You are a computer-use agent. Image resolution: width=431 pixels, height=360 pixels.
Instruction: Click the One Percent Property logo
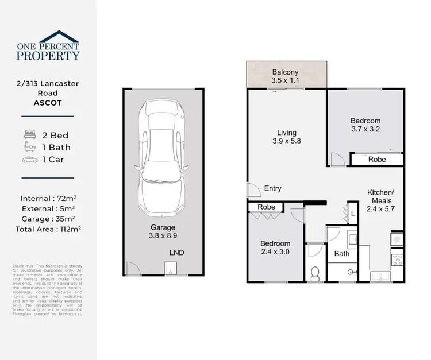coord(48,47)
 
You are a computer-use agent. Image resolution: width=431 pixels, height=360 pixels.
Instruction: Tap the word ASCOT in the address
coord(48,104)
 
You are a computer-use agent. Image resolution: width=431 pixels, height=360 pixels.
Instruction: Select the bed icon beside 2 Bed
coord(29,136)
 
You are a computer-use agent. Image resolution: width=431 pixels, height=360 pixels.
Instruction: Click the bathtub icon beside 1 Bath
coord(29,148)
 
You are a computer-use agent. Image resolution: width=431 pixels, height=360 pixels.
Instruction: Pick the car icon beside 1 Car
coord(29,160)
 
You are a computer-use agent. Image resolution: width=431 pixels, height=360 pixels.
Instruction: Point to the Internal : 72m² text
coord(48,199)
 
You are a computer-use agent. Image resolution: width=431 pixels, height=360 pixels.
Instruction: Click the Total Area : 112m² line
coord(48,229)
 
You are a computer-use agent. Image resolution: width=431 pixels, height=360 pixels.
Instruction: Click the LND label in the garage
coord(176,253)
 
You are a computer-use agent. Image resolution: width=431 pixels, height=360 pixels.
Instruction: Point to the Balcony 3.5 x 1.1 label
coord(286,76)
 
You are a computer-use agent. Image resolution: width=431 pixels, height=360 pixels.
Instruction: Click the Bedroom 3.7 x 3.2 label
coord(365,125)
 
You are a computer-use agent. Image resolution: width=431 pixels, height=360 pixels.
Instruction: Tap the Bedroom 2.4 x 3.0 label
coord(276,248)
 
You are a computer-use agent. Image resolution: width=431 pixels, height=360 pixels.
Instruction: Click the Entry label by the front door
coord(272,188)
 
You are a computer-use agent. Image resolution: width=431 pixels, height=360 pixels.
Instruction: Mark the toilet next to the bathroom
coord(315,274)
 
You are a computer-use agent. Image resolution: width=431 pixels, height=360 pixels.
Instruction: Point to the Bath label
coord(342,253)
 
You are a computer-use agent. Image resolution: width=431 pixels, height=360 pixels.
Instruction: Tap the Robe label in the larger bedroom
coord(377,160)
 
